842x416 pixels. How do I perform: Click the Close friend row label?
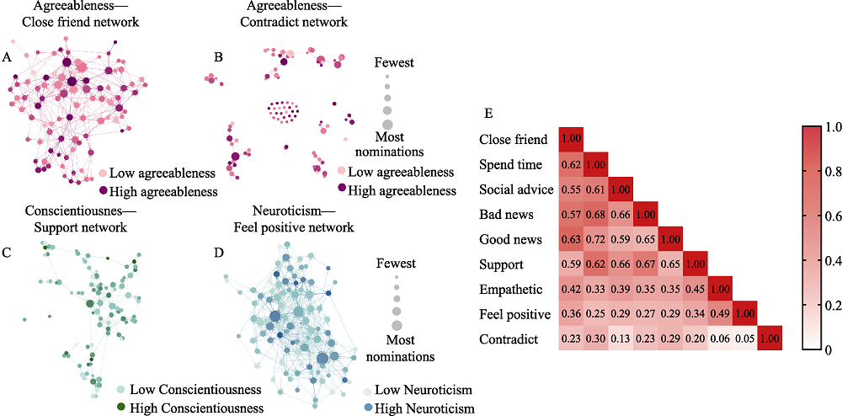[x=513, y=139]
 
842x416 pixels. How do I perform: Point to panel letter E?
[x=489, y=112]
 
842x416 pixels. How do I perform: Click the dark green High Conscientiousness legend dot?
[x=121, y=407]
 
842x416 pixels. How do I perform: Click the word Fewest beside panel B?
[x=394, y=62]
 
